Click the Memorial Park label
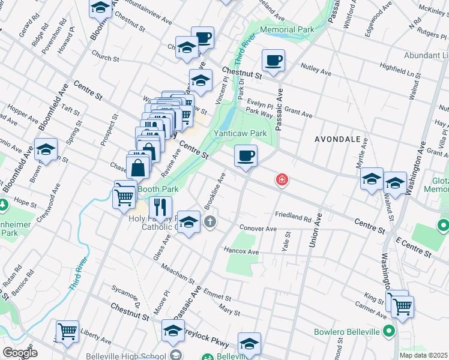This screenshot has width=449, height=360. coord(287,29)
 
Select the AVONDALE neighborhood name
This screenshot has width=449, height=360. coord(338,139)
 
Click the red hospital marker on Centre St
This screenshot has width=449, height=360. coord(281,179)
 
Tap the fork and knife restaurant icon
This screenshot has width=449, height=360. coord(160,208)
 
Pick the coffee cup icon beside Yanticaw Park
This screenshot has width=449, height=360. coord(246,157)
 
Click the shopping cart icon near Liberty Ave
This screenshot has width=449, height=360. coord(68,331)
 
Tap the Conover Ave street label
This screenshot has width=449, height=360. coord(258,229)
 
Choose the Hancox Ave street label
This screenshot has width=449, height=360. coord(240,250)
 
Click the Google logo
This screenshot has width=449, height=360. coord(20,353)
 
